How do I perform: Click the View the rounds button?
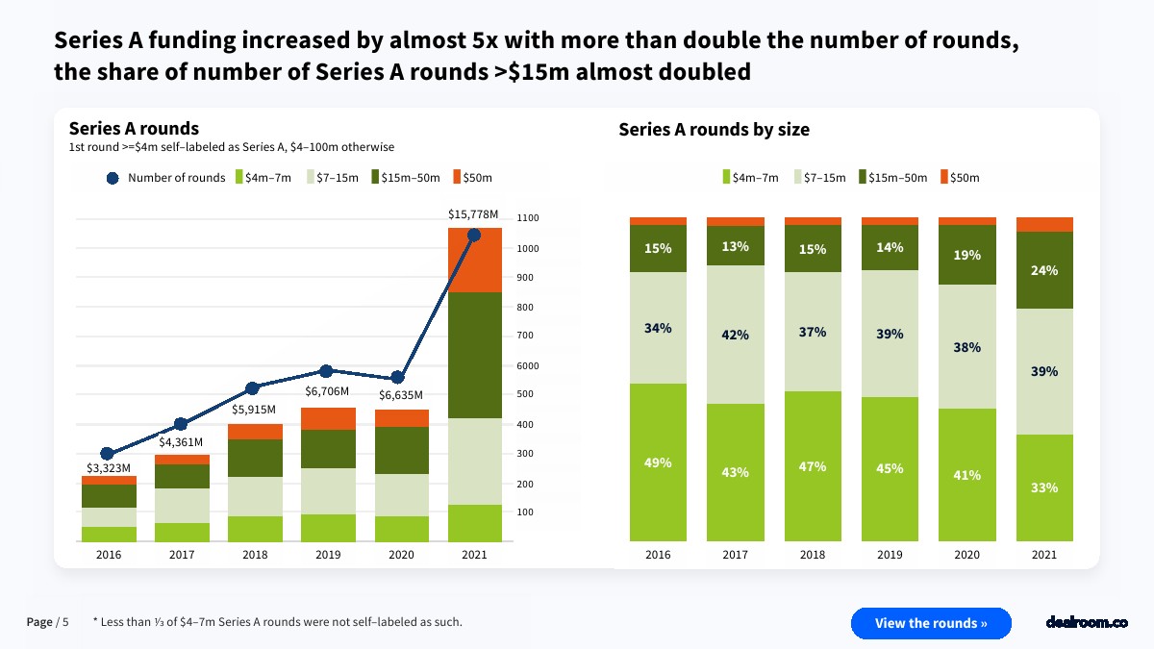tap(931, 623)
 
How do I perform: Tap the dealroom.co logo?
tap(1086, 623)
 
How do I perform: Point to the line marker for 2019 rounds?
tap(326, 371)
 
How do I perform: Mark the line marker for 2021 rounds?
tap(474, 236)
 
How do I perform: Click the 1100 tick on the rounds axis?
tap(528, 218)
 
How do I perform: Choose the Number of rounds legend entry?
tap(165, 178)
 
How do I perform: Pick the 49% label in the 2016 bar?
tap(658, 462)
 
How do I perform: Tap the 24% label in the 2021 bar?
tap(1043, 270)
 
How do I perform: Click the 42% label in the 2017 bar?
tap(736, 336)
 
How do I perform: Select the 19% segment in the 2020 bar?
tap(966, 255)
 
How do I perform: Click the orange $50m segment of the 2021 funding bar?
tap(474, 260)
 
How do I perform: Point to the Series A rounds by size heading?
tap(714, 130)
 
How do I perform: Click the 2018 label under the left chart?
tap(254, 555)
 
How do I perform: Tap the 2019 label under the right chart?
tap(890, 555)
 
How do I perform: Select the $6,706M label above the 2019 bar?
tap(327, 391)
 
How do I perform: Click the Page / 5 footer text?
tap(47, 622)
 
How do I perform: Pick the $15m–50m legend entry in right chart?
tap(894, 178)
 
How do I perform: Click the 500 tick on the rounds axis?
tap(525, 395)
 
